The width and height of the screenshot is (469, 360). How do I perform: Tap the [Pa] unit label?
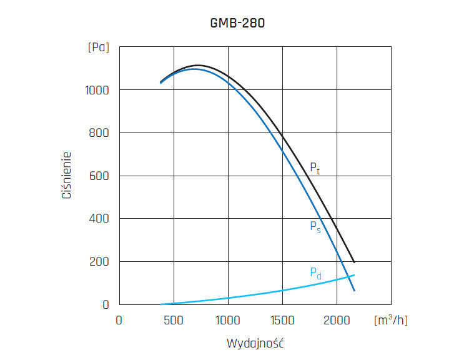99,47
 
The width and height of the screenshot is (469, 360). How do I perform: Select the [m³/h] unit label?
390,320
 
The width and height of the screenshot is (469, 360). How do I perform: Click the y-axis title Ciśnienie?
66,175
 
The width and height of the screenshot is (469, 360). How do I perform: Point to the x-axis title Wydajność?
255,343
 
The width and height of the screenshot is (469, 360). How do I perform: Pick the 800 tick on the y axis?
99,133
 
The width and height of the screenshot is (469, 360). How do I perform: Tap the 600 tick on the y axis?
99,176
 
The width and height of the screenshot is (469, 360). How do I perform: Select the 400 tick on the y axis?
99,219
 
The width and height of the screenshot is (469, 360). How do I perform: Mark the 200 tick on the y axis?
99,261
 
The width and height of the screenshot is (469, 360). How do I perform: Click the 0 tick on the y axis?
106,304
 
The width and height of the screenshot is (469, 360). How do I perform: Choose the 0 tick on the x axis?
119,320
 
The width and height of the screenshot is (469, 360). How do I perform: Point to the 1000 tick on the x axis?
228,320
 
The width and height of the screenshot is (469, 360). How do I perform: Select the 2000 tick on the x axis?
337,320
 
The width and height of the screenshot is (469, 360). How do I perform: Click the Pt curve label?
315,168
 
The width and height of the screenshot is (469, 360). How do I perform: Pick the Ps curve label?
315,227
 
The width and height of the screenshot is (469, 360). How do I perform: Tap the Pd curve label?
315,273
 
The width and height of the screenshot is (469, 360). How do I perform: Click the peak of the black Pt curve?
198,65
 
